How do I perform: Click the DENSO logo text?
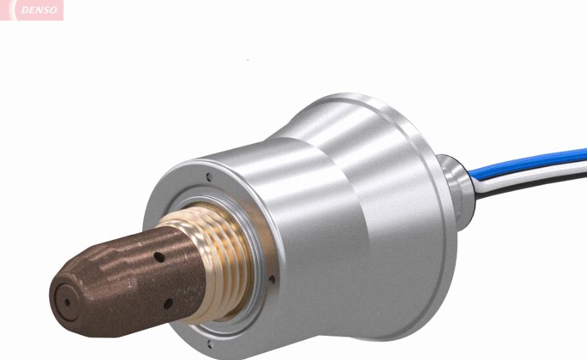click(39, 10)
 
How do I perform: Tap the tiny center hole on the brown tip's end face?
click(67, 303)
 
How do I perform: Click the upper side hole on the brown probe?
click(159, 257)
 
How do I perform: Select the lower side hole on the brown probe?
click(168, 304)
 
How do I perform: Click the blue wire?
click(528, 163)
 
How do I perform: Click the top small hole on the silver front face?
click(209, 177)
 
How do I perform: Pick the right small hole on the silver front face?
click(272, 279)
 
